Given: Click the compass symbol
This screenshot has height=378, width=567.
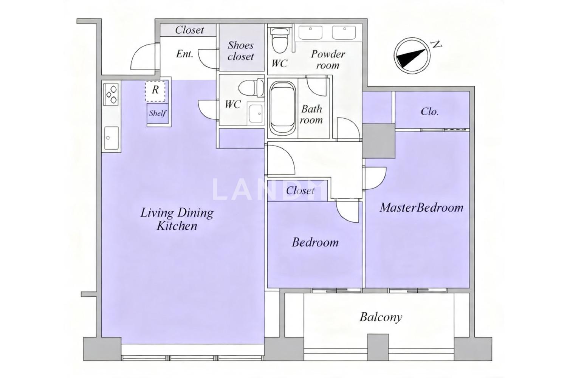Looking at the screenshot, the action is [412, 56].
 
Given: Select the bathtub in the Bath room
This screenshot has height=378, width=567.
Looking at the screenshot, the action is [282, 108].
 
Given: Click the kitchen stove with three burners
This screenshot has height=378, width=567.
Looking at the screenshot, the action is [111, 94].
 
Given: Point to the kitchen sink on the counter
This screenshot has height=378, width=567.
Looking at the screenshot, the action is [112, 138].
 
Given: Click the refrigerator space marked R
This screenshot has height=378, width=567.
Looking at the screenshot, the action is [155, 91].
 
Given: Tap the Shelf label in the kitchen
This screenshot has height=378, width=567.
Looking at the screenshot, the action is [158, 113].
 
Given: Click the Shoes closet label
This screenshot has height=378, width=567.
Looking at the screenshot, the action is [240, 51].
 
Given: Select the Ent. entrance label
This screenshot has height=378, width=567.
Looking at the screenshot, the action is [184, 54].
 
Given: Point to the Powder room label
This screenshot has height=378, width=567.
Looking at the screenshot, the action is [328, 59].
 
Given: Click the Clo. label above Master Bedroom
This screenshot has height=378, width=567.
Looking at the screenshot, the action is [429, 112].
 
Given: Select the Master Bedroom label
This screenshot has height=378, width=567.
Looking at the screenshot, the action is [421, 208].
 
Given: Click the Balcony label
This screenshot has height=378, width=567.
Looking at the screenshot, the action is [381, 318].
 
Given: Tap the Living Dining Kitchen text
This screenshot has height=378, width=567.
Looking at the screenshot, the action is [177, 219].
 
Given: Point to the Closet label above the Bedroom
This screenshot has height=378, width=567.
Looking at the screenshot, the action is [301, 191].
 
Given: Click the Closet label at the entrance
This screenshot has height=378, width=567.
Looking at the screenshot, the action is [189, 30].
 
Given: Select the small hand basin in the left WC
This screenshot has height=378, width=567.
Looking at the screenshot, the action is [256, 113].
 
